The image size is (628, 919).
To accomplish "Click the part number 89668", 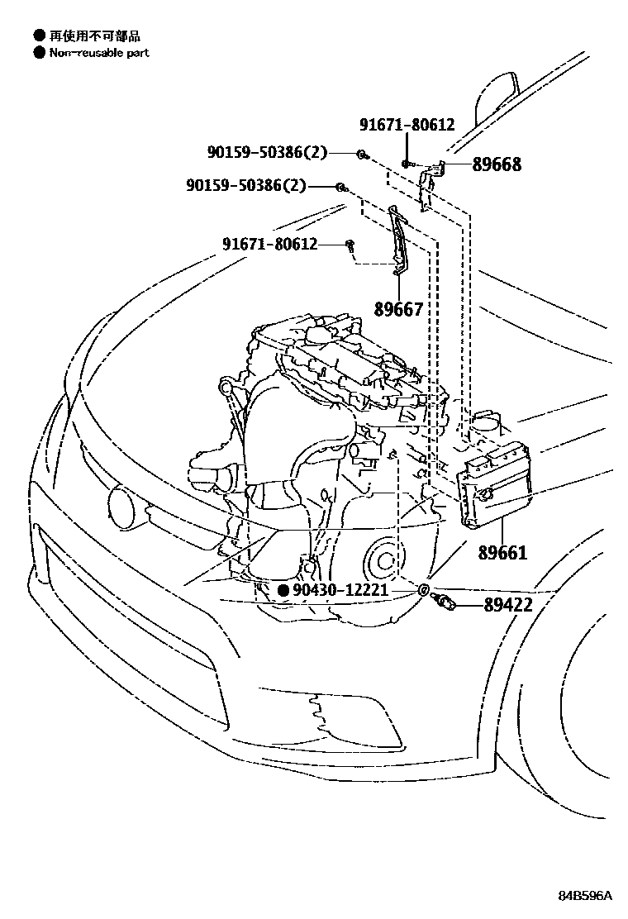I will (497, 164).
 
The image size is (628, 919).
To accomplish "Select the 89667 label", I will (398, 309).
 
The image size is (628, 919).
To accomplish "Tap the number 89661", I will (502, 553).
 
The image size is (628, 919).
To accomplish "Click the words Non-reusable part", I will (99, 53).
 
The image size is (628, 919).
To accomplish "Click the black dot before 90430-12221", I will (283, 590).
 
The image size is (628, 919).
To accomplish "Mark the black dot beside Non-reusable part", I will (39, 53).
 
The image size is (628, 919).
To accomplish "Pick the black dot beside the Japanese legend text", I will (39, 36).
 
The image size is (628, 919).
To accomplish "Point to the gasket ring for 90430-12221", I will (422, 589).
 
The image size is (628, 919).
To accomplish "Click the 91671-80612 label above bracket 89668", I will (407, 125).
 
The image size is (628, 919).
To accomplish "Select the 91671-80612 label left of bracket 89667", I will (269, 244).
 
